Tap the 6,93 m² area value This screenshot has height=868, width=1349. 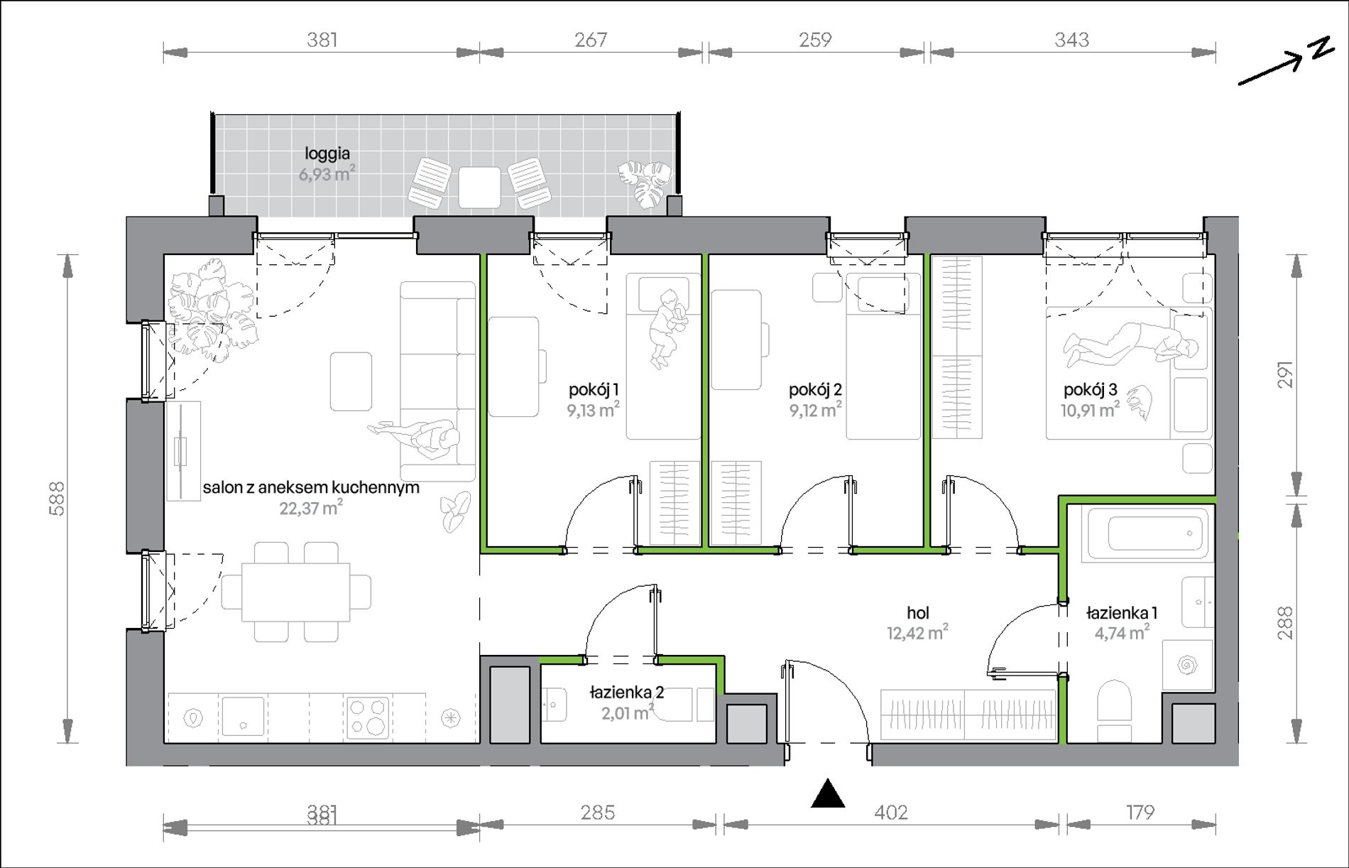tap(327, 174)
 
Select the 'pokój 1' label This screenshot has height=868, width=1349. tap(594, 389)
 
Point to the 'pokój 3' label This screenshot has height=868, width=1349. tap(1090, 389)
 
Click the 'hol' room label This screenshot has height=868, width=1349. tap(917, 612)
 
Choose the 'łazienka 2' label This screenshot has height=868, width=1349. tap(627, 692)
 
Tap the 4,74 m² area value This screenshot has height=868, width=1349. tap(1122, 632)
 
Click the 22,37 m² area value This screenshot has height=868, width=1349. tap(311, 508)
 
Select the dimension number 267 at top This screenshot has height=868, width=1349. tap(591, 40)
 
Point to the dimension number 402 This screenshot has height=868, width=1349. tap(891, 812)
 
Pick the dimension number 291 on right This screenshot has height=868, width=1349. tap(1285, 375)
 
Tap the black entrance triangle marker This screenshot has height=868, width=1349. tap(828, 793)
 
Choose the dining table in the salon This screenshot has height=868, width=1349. tap(296, 592)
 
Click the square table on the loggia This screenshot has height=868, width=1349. tap(479, 187)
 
